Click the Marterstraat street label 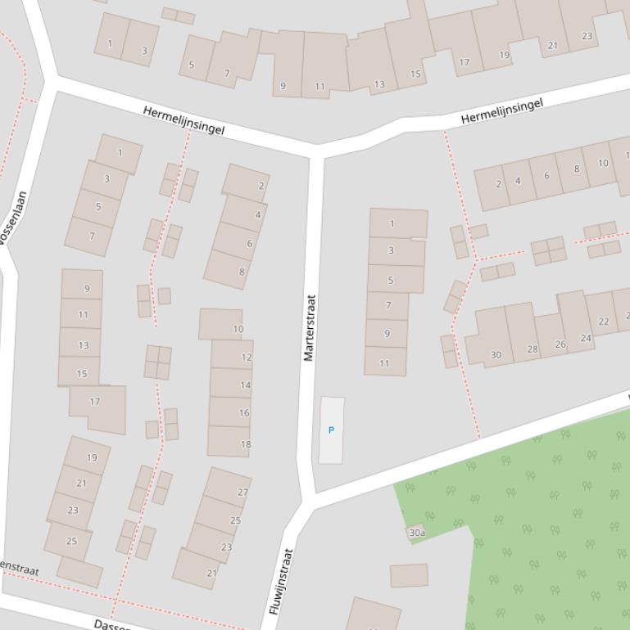(310, 327)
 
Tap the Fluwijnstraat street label (281, 582)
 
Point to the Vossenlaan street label (13, 219)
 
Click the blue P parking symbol (331, 430)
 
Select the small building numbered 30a (416, 533)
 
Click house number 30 (496, 355)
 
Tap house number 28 (533, 349)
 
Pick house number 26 (560, 344)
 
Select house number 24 (586, 338)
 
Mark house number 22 (604, 322)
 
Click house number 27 (242, 493)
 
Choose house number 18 (245, 444)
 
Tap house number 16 (244, 413)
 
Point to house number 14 (245, 385)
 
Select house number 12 (246, 358)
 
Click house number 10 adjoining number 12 (238, 330)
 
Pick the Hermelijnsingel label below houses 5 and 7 (184, 120)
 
